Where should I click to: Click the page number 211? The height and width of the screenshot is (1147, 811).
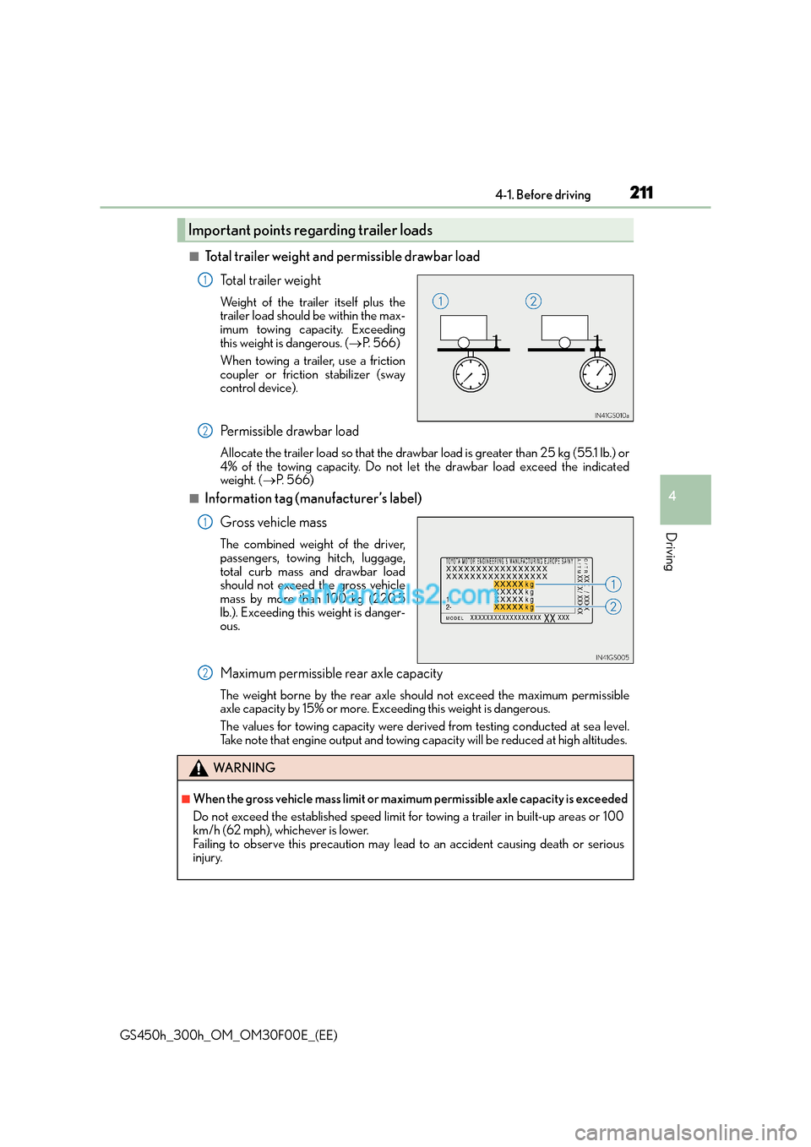641,193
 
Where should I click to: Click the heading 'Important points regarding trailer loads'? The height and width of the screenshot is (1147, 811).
310,231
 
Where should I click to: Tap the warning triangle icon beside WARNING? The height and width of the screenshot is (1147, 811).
199,768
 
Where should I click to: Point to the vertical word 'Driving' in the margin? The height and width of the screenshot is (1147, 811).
670,552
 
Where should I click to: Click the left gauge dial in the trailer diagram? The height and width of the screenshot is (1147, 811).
471,374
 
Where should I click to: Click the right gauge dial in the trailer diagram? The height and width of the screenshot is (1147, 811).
597,374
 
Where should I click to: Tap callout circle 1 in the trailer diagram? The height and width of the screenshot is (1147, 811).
440,301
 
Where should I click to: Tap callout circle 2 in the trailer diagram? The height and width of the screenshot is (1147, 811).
533,301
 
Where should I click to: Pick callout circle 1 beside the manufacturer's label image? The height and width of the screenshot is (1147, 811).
613,584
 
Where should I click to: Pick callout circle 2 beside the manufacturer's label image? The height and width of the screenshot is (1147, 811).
613,606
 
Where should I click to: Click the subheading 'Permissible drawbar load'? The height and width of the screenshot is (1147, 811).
289,432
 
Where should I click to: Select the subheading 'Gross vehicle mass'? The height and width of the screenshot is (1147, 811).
273,523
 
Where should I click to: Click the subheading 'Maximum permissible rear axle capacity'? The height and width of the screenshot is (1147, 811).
331,674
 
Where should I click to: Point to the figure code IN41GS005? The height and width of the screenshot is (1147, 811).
612,657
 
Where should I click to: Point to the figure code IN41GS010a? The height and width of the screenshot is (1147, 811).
612,416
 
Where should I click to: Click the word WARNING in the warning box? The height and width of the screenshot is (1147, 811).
244,768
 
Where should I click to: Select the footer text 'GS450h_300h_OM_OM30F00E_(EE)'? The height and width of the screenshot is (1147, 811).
228,1036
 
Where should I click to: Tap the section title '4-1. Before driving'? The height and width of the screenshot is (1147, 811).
543,195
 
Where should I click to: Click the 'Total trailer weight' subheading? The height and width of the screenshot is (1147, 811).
270,280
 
